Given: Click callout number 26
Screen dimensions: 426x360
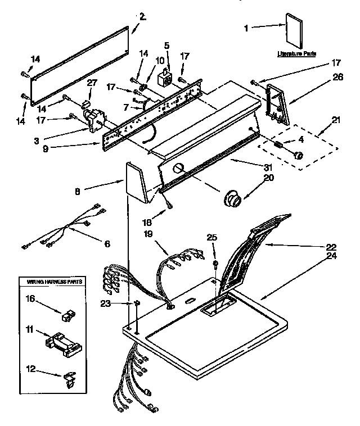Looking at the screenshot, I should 337,78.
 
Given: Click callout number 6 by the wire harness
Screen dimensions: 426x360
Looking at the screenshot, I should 106,243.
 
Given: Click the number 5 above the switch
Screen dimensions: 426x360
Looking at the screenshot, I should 166,45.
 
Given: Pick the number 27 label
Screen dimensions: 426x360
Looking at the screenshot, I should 92,83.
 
